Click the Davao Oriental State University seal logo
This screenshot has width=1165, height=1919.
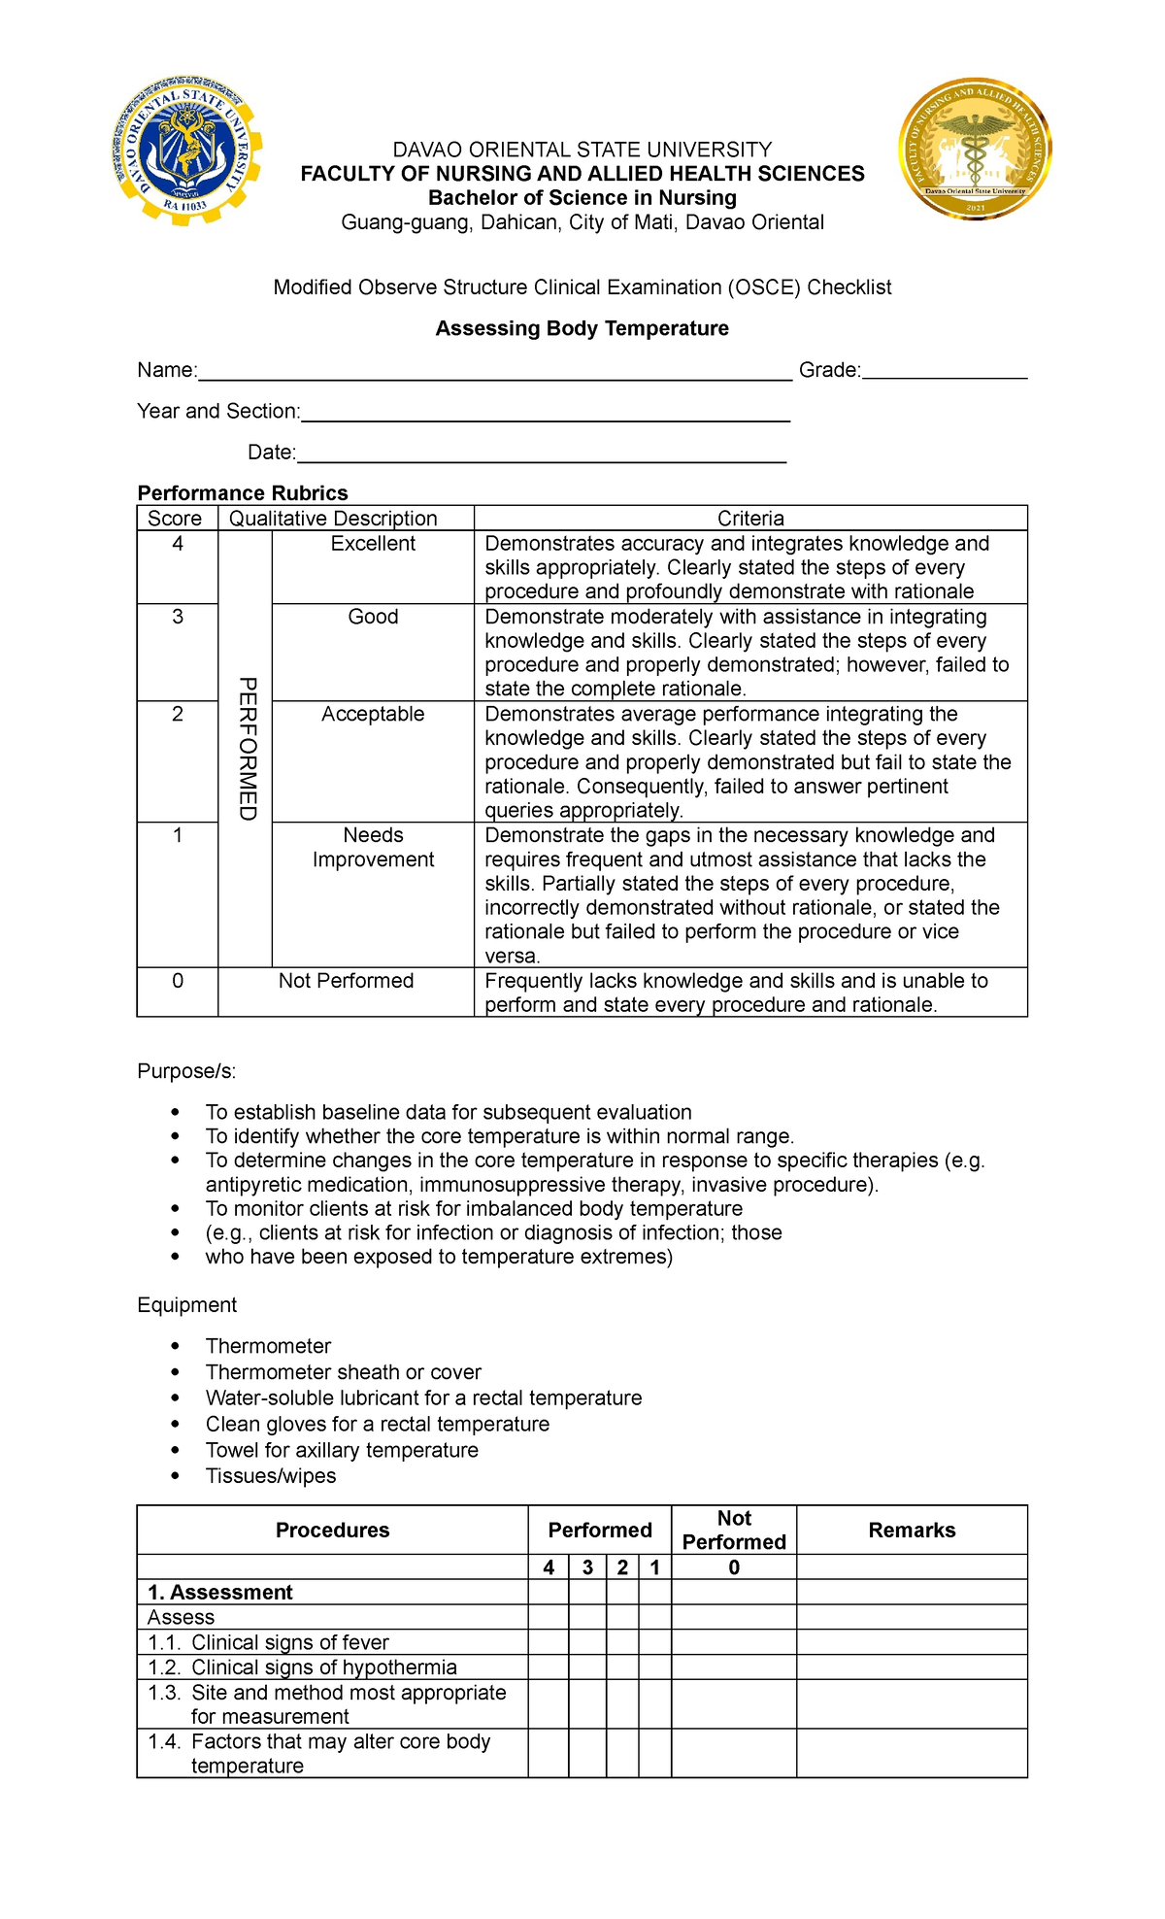[185, 151]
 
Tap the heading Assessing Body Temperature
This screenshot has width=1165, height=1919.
[582, 328]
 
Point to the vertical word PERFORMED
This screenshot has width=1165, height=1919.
[247, 749]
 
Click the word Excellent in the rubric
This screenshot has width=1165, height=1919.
[373, 544]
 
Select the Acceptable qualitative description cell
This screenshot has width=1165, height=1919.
[373, 714]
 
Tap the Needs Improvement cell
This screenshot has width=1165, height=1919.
[373, 847]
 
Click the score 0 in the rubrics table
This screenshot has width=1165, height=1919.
[178, 981]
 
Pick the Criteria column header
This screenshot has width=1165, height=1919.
[749, 519]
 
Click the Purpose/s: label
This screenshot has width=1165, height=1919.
[186, 1071]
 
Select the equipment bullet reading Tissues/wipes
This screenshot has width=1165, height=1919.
[270, 1476]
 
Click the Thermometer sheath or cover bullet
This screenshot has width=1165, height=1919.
[343, 1372]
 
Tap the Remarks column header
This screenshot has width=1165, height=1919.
[911, 1531]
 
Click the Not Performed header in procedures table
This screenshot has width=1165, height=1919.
[734, 1531]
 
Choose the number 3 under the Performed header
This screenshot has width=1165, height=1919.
[587, 1567]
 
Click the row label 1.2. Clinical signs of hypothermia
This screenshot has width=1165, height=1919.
[302, 1667]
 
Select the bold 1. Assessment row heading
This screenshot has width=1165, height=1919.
[219, 1593]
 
